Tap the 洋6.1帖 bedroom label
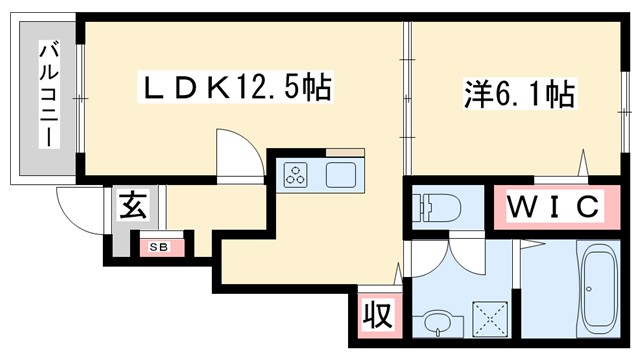tap(518, 95)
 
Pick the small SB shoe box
tap(159, 245)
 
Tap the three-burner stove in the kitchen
tap(297, 174)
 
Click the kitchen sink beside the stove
tap(341, 174)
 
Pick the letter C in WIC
tap(589, 207)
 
